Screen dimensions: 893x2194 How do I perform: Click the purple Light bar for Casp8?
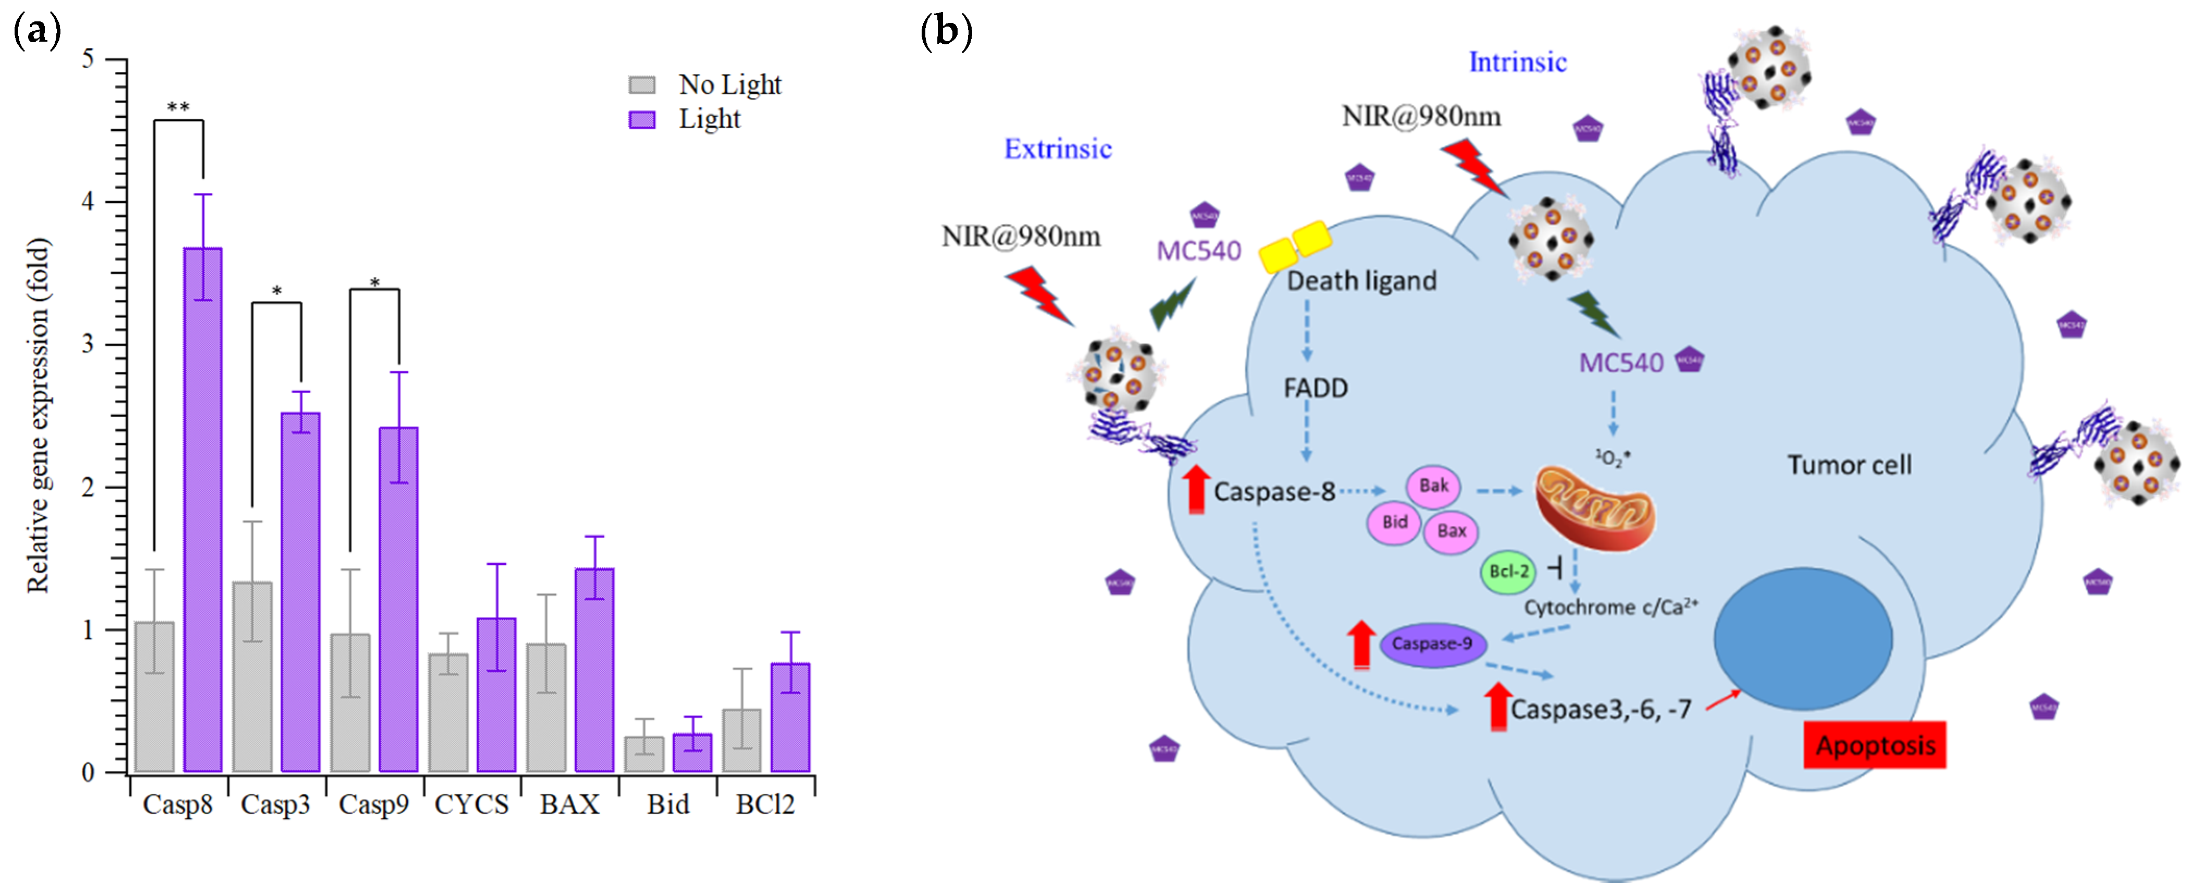[x=203, y=511]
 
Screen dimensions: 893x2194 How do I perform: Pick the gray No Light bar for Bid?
[x=644, y=754]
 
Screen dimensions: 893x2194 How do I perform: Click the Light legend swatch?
[x=641, y=120]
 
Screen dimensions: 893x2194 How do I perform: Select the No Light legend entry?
[x=729, y=84]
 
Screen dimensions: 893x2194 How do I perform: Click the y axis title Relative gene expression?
[x=39, y=415]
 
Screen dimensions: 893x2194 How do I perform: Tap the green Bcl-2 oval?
[x=1507, y=571]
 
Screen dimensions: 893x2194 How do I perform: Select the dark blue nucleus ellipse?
[x=1803, y=638]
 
